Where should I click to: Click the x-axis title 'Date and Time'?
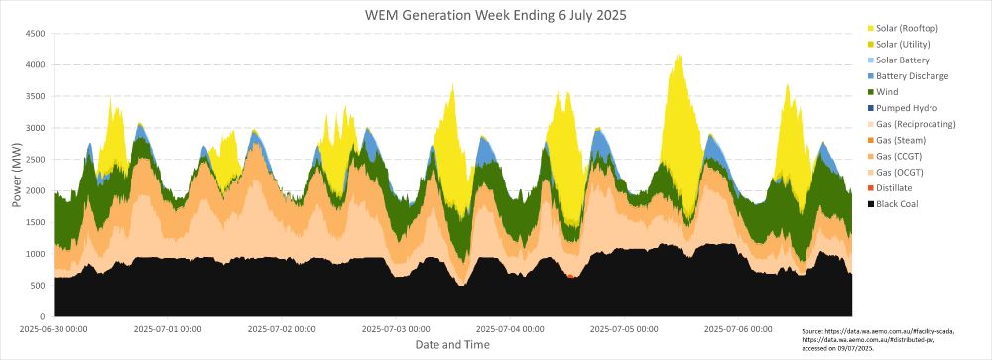click(x=450, y=344)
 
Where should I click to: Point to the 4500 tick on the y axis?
click(x=35, y=33)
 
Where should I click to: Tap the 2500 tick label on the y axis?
click(x=35, y=160)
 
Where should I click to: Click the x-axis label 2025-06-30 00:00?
click(x=54, y=328)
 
